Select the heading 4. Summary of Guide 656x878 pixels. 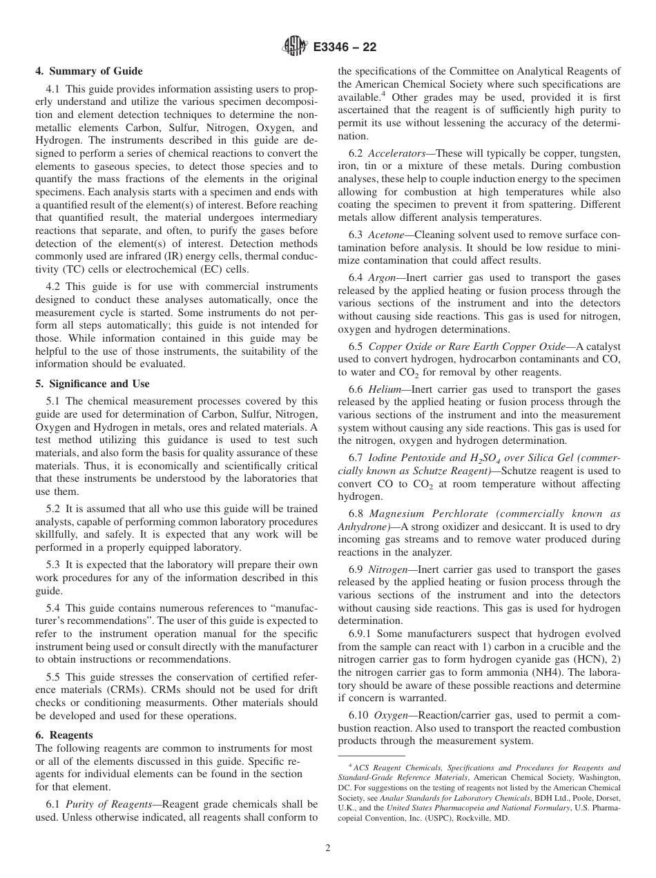(89, 71)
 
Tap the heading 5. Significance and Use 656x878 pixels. (93, 384)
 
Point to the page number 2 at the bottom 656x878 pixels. (328, 848)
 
